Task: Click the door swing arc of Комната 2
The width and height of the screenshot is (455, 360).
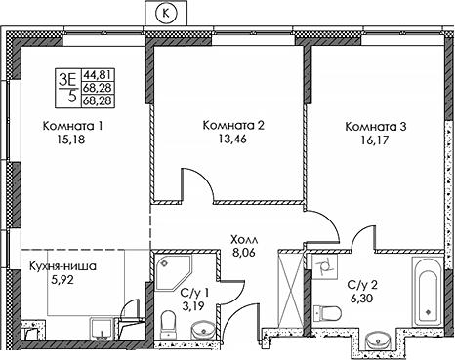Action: pos(194,180)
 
